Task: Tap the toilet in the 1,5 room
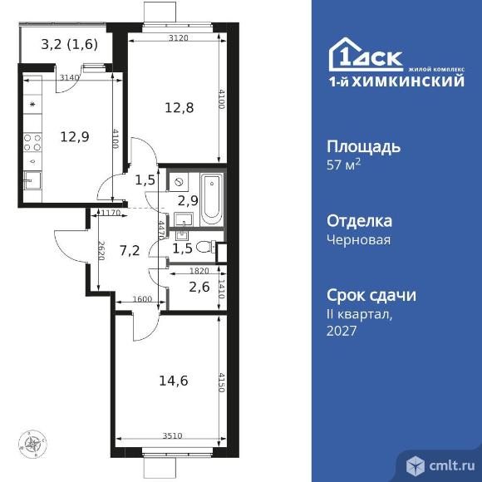click(x=214, y=247)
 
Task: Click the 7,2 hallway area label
click(x=130, y=249)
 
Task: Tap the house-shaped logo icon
click(x=342, y=56)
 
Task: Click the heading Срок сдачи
click(x=370, y=295)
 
